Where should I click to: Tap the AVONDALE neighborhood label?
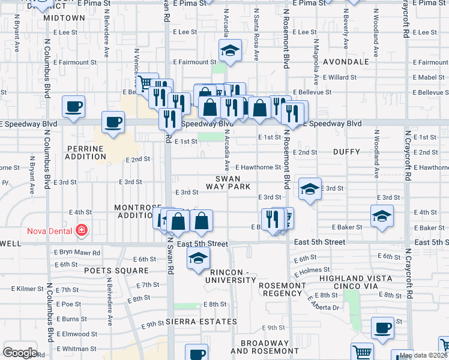345,62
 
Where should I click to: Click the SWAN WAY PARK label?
228,183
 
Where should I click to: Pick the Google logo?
20,353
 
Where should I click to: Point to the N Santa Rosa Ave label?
256,35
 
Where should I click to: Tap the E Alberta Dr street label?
324,303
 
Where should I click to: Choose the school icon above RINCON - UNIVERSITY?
197,259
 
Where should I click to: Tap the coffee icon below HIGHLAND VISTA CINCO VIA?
382,328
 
